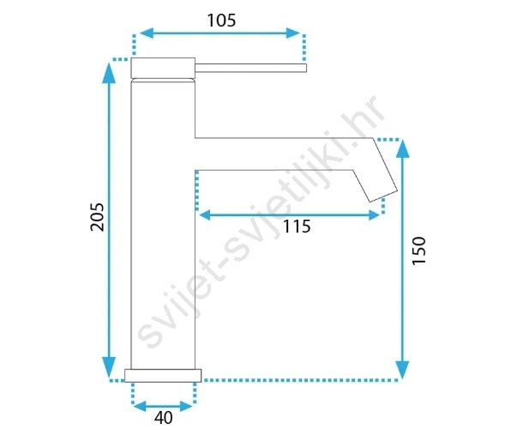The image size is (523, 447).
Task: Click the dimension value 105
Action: click(221, 21)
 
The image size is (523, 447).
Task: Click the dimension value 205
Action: click(98, 217)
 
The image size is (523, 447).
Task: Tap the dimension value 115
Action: click(297, 227)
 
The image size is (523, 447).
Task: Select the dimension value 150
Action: click(419, 251)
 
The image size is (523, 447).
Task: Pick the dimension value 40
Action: click(164, 418)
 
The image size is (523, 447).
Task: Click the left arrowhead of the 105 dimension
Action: click(146, 33)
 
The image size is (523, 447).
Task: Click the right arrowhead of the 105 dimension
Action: click(293, 33)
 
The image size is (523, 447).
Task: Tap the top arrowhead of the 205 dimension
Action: click(109, 72)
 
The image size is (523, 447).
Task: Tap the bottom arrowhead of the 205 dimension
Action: click(109, 368)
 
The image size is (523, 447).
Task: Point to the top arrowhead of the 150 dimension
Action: click(403, 148)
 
